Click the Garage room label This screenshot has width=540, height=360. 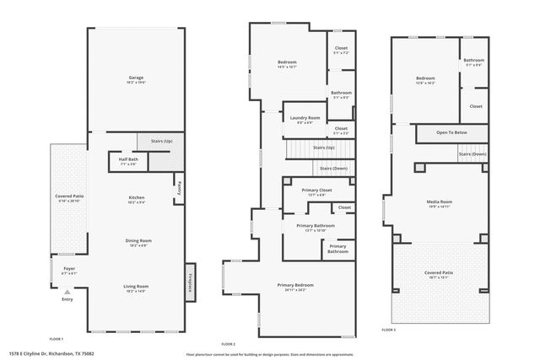[x=136, y=78]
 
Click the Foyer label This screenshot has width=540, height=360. [x=68, y=269]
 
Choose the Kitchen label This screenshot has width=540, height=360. [x=136, y=198]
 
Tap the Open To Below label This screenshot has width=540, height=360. [x=451, y=133]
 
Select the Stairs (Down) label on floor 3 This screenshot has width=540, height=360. [x=472, y=154]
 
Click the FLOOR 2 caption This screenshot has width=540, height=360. [x=229, y=344]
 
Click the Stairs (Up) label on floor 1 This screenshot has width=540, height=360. [x=162, y=142]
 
